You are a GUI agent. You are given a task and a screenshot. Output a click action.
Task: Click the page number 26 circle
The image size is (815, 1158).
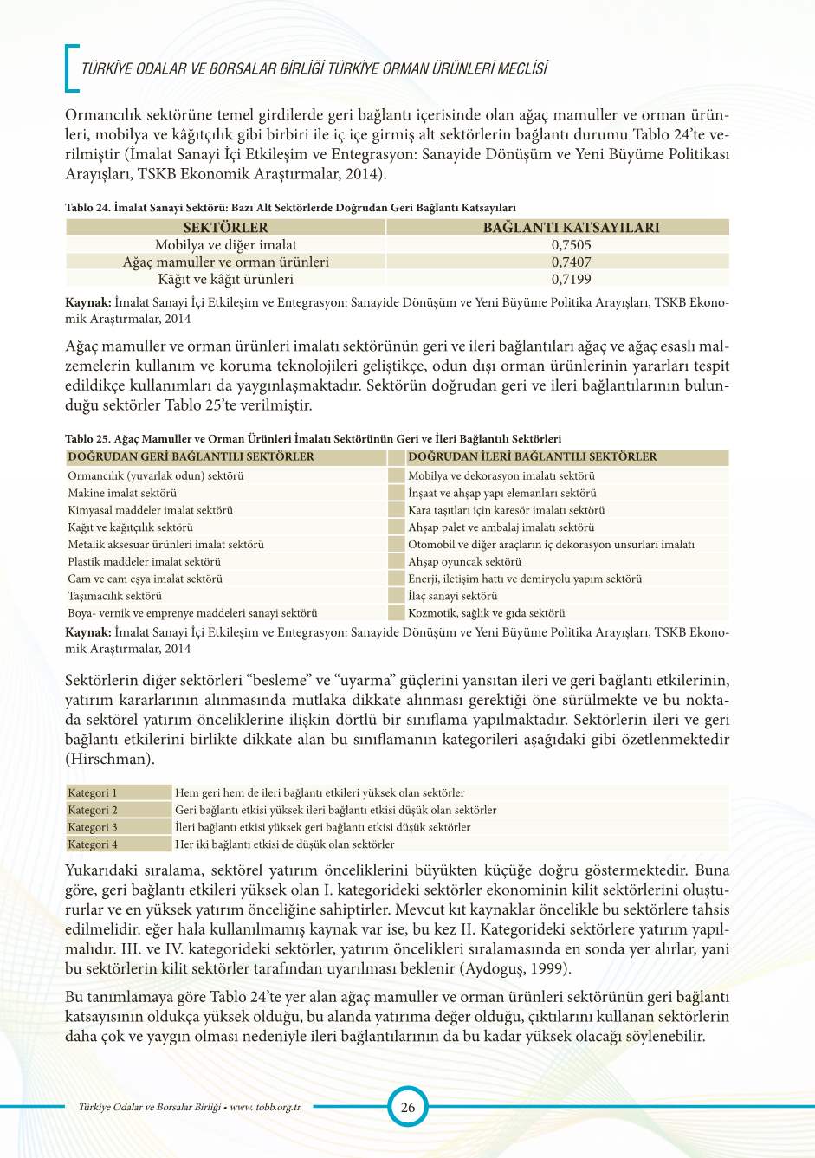click(407, 1106)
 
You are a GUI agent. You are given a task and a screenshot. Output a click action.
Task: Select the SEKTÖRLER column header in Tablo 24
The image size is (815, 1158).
click(225, 227)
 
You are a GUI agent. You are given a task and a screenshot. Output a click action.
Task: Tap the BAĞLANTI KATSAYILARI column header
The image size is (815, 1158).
click(571, 227)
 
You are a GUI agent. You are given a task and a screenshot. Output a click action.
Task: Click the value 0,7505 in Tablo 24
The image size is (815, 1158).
click(571, 245)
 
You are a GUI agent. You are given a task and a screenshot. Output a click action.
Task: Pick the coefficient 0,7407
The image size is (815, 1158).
click(571, 262)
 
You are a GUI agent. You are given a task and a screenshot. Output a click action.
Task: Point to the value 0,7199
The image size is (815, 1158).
click(571, 279)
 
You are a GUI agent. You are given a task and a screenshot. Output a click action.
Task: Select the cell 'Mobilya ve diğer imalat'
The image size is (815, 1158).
click(225, 245)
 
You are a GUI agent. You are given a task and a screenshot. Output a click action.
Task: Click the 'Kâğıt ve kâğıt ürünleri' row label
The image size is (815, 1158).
click(225, 279)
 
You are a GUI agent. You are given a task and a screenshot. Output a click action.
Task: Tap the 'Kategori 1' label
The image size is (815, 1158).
click(93, 792)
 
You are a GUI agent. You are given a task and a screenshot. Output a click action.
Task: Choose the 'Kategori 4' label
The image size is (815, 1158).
click(93, 844)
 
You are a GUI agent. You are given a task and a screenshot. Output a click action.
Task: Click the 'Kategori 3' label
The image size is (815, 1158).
click(93, 827)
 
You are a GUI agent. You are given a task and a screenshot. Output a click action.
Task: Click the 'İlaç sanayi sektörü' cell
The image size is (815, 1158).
click(452, 596)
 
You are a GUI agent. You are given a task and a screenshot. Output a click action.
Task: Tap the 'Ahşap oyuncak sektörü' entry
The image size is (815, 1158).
click(464, 561)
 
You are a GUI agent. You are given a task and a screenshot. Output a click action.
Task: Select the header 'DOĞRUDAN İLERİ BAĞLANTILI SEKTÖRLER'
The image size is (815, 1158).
click(532, 456)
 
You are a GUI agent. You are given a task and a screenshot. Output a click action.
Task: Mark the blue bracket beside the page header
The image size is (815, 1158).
click(70, 68)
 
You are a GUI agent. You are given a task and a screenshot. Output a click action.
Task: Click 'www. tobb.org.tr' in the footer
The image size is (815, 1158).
click(265, 1107)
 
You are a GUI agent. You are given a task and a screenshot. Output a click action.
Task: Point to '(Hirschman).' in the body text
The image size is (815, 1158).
click(110, 759)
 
